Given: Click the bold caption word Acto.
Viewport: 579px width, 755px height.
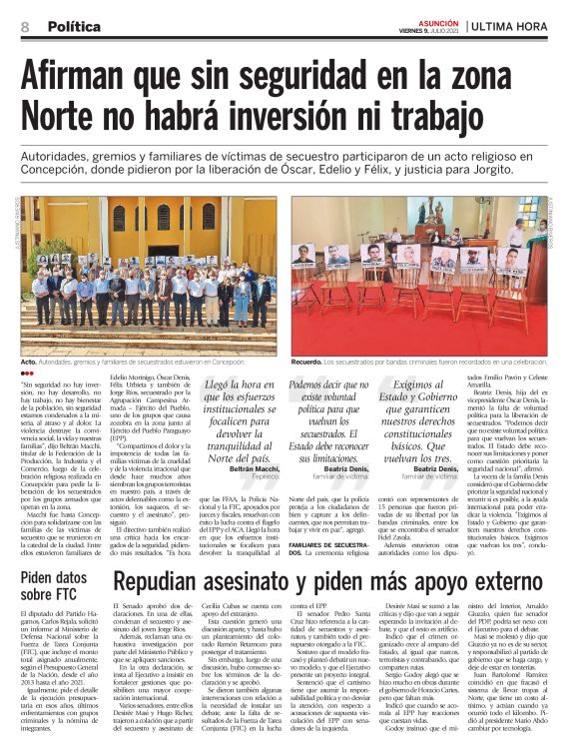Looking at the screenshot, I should click(29, 362).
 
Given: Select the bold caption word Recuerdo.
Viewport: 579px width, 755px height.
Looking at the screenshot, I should click(309, 362).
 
